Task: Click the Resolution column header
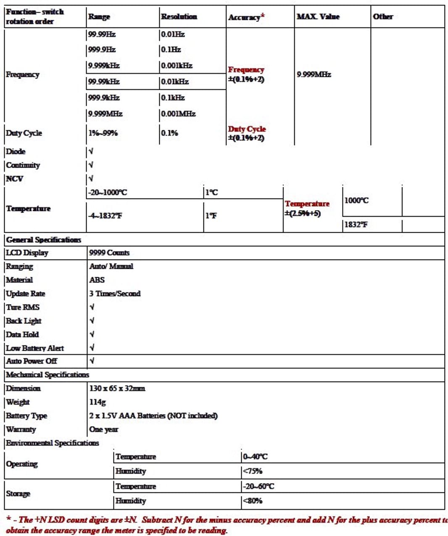(179, 17)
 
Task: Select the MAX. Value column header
(318, 17)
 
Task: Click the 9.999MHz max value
(314, 75)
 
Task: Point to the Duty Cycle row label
(24, 133)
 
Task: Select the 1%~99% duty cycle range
(103, 133)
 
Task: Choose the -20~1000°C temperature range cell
(108, 193)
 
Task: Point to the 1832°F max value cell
(356, 225)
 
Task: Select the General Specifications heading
(44, 240)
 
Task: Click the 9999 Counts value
(109, 253)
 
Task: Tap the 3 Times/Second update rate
(115, 294)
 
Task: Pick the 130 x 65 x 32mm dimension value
(117, 389)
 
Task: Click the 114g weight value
(98, 402)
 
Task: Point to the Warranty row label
(21, 429)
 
